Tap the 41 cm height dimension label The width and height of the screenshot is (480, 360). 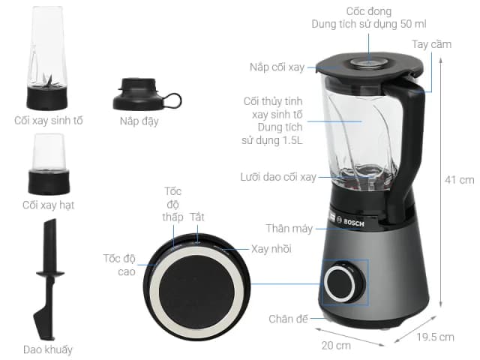pyautogui.click(x=460, y=180)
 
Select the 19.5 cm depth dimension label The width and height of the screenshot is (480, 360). pyautogui.click(x=436, y=337)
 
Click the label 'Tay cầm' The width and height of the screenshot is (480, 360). pyautogui.click(x=431, y=44)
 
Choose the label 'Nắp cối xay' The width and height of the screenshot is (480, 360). pyautogui.click(x=277, y=67)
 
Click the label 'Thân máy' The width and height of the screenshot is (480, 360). pyautogui.click(x=284, y=227)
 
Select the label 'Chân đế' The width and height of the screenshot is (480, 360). pyautogui.click(x=289, y=319)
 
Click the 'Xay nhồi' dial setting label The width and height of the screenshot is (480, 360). pyautogui.click(x=271, y=248)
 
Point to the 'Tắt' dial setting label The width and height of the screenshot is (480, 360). pyautogui.click(x=197, y=217)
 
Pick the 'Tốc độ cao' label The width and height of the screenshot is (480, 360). pyautogui.click(x=119, y=265)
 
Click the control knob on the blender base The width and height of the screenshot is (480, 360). pyautogui.click(x=346, y=283)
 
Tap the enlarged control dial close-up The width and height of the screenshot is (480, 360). pyautogui.click(x=195, y=286)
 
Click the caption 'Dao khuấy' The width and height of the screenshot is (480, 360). pyautogui.click(x=49, y=349)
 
